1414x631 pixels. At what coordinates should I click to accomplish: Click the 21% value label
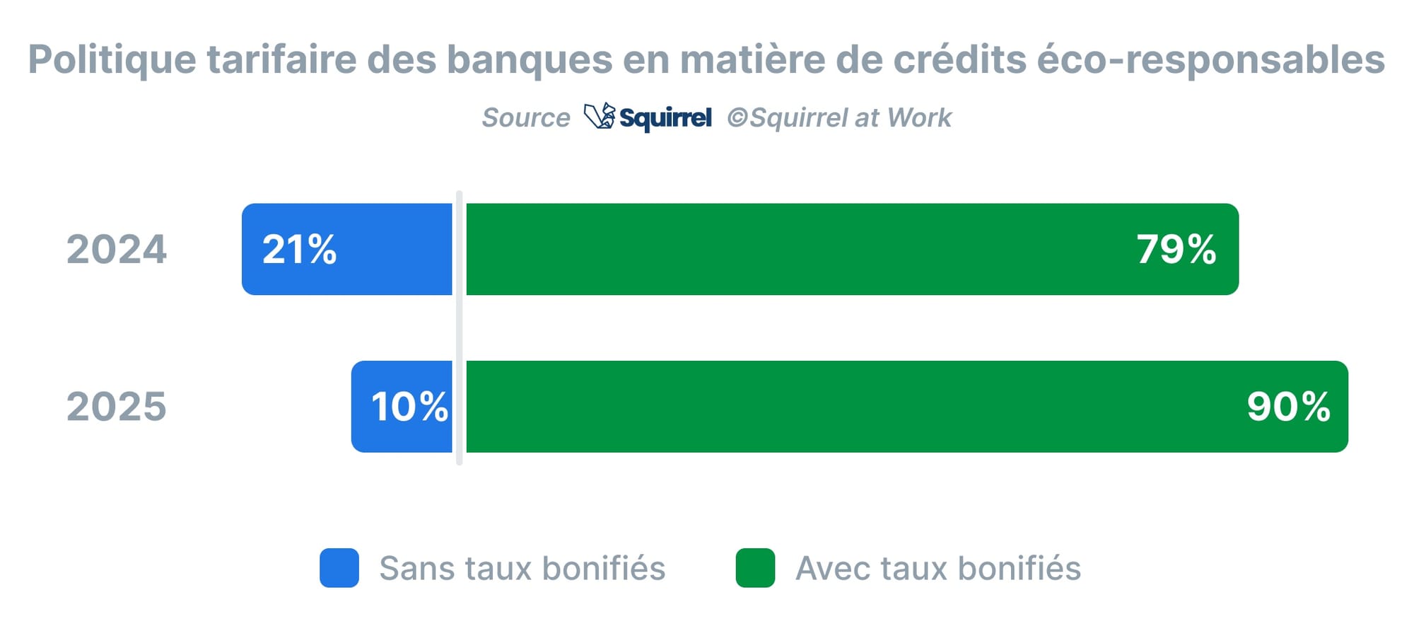[299, 249]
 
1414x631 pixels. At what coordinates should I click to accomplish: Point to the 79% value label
[1176, 249]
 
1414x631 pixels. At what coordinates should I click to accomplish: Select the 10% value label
[409, 407]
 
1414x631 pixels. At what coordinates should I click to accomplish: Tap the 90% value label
[1288, 407]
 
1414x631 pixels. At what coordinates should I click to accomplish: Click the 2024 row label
[117, 249]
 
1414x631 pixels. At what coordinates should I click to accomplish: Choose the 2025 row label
[117, 407]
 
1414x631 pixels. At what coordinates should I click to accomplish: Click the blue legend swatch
[339, 567]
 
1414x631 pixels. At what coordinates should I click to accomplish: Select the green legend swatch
[755, 567]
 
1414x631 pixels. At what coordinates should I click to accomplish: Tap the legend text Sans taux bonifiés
[522, 568]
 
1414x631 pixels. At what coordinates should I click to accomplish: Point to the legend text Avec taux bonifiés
[938, 568]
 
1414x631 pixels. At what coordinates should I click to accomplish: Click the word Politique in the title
[112, 59]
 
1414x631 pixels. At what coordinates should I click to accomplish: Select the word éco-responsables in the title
[1210, 59]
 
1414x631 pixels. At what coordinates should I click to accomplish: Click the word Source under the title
[525, 117]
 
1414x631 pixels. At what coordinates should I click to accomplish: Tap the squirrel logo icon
[600, 117]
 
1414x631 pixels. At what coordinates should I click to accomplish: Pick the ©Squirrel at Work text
[839, 117]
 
